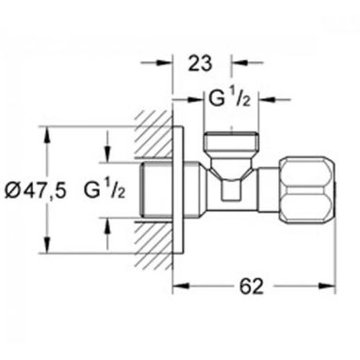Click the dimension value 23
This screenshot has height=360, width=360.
(x=201, y=64)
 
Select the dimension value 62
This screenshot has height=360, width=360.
(x=251, y=286)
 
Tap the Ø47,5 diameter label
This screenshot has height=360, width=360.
(x=36, y=190)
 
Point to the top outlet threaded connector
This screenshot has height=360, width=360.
(x=231, y=142)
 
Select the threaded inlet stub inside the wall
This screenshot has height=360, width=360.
(x=155, y=190)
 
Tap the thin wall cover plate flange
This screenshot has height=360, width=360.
(x=178, y=190)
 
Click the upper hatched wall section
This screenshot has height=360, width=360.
(x=154, y=134)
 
